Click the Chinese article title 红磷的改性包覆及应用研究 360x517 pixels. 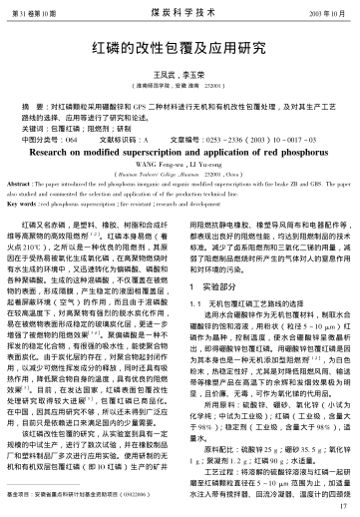pyautogui.click(x=180, y=46)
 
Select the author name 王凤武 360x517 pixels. pyautogui.click(x=163, y=75)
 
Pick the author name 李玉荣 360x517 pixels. pyautogui.click(x=195, y=75)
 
